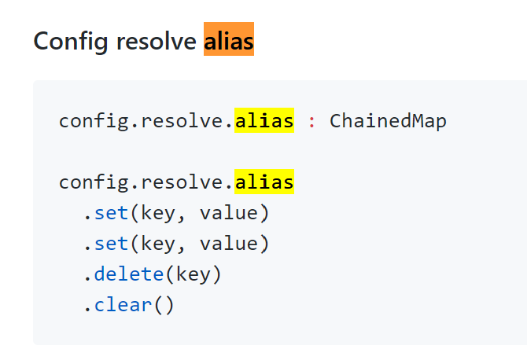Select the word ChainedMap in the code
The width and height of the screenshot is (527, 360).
[x=388, y=122]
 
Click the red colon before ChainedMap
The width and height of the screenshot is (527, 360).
[x=311, y=122]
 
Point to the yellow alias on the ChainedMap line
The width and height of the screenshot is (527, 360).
[x=264, y=122]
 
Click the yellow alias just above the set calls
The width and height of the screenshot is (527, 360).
[x=264, y=182]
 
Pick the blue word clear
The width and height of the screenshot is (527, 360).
[x=123, y=304]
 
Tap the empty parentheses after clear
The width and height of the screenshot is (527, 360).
[x=164, y=304]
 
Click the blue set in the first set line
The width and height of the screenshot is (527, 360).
[x=111, y=213]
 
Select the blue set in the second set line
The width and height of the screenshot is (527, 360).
[x=111, y=244]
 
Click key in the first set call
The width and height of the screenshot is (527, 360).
[x=158, y=213]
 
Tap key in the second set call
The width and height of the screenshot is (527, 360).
[x=158, y=244]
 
